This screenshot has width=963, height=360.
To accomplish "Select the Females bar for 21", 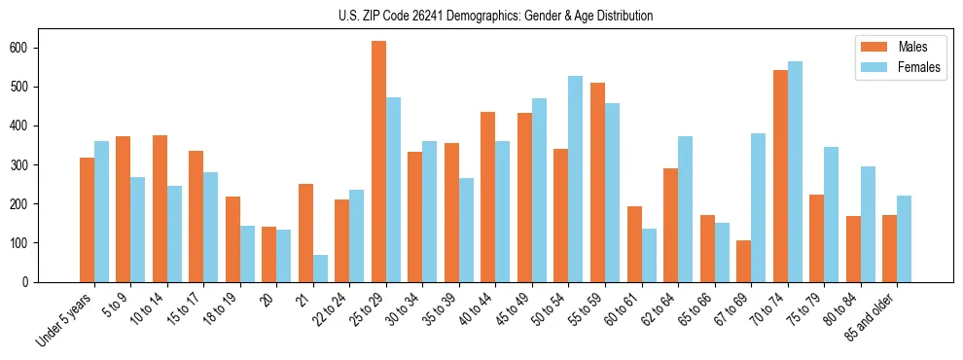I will pyautogui.click(x=320, y=269).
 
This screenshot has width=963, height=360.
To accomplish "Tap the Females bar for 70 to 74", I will pyautogui.click(x=795, y=171).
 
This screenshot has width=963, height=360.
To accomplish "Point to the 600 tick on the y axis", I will pyautogui.click(x=36, y=48).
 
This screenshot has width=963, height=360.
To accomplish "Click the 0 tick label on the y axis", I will pyautogui.click(x=29, y=281).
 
